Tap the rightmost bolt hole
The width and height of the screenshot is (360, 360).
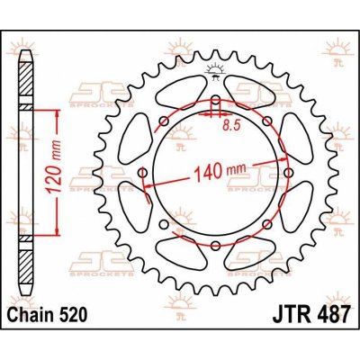(x=287, y=170)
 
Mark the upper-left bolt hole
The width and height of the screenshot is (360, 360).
(x=163, y=121)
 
